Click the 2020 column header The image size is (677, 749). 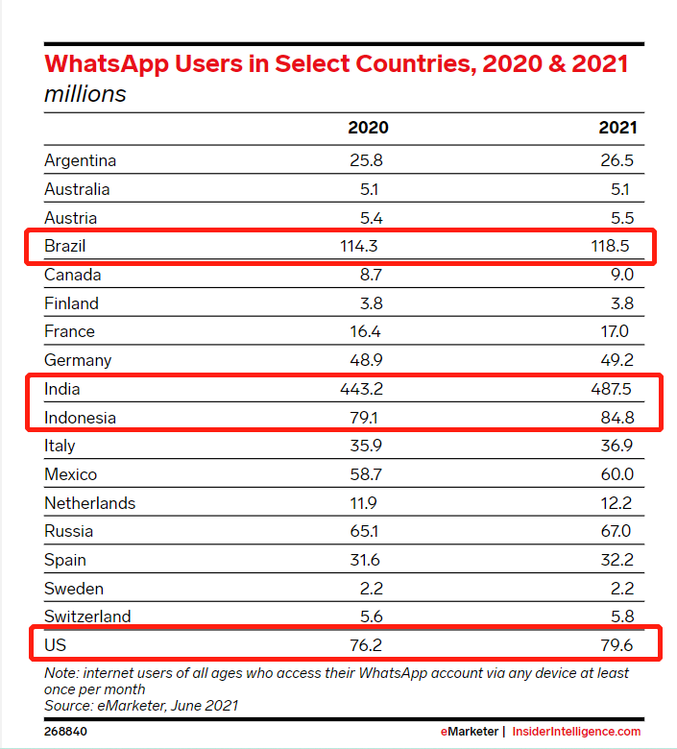tap(368, 128)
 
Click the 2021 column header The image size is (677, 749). tap(617, 128)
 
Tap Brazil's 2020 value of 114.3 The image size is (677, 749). tap(358, 246)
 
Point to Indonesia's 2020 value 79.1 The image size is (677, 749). tap(364, 418)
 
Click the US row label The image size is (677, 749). tap(55, 645)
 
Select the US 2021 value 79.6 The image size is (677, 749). tap(615, 645)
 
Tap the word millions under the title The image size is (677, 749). tap(85, 94)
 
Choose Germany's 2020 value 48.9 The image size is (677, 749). tap(364, 360)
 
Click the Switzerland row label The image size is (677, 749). tap(87, 616)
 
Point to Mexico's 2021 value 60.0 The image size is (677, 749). tap(615, 474)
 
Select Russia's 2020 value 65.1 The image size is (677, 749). tap(365, 531)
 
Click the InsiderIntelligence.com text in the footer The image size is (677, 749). tap(576, 732)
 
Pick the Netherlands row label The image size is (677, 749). tap(90, 503)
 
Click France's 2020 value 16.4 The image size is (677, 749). tap(365, 331)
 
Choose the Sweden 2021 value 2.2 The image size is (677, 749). tap(620, 589)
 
